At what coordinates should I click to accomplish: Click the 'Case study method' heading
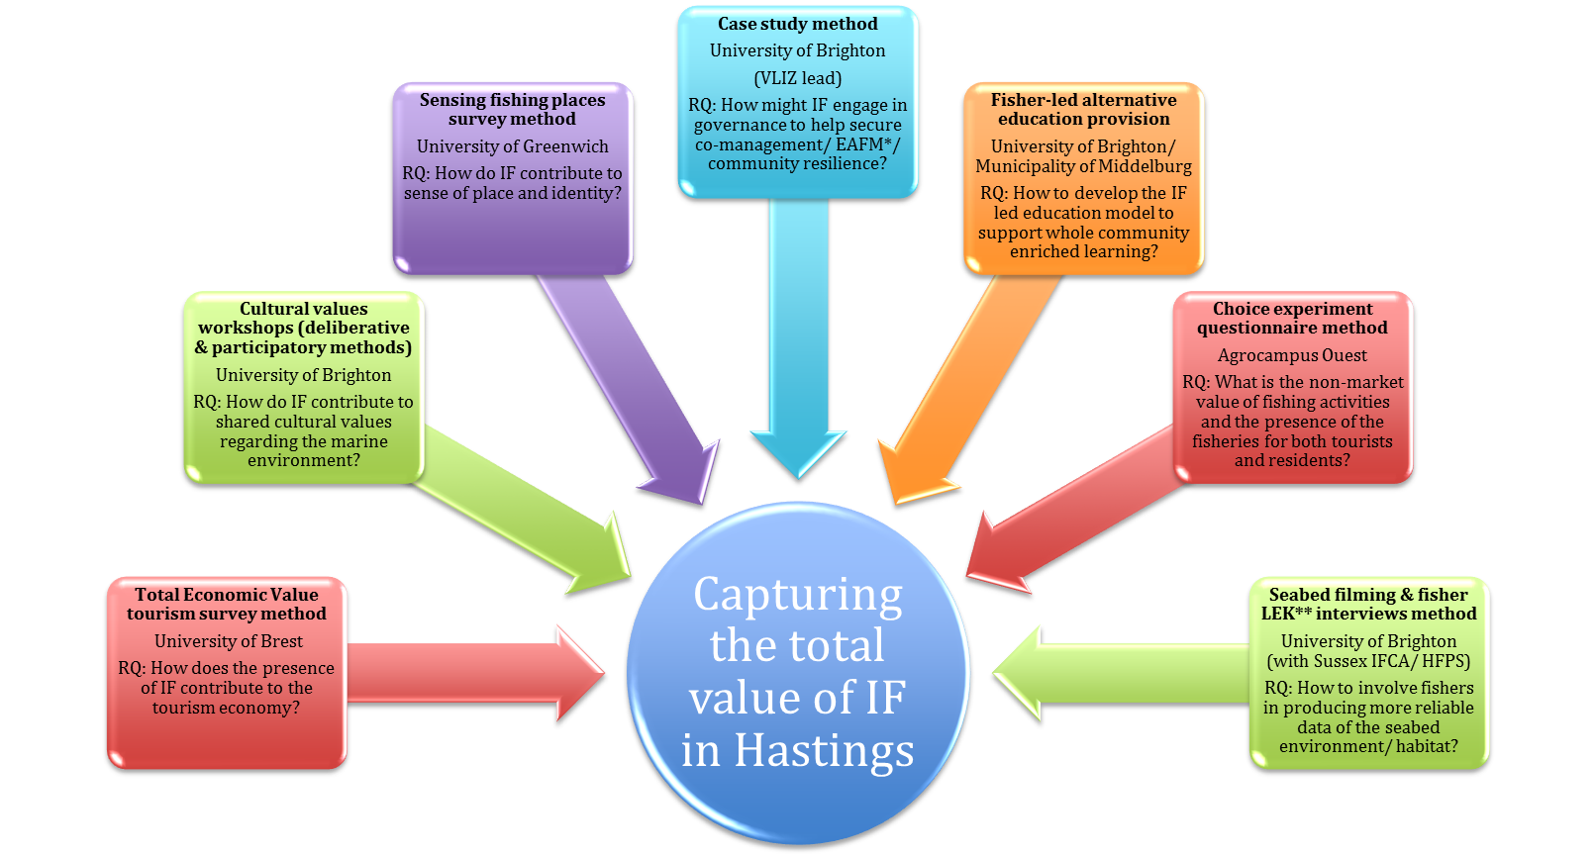[797, 24]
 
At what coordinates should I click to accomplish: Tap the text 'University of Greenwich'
[512, 146]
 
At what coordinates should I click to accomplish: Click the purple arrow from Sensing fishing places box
[634, 386]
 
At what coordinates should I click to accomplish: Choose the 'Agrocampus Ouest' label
[1292, 355]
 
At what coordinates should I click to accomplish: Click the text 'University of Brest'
[228, 641]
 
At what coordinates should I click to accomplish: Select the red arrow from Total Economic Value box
[475, 673]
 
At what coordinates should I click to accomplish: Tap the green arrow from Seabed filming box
[1119, 673]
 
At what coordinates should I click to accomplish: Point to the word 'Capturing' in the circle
[798, 595]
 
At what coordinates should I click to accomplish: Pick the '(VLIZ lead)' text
[797, 78]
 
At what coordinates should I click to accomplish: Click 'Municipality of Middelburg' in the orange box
[1083, 166]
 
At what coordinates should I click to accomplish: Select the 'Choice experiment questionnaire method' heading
[1292, 319]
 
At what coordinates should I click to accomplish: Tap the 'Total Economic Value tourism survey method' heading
[227, 604]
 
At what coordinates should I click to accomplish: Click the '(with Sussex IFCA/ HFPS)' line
[1368, 661]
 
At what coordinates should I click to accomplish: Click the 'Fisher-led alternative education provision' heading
[1083, 109]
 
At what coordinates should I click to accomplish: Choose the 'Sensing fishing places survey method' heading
[512, 109]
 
